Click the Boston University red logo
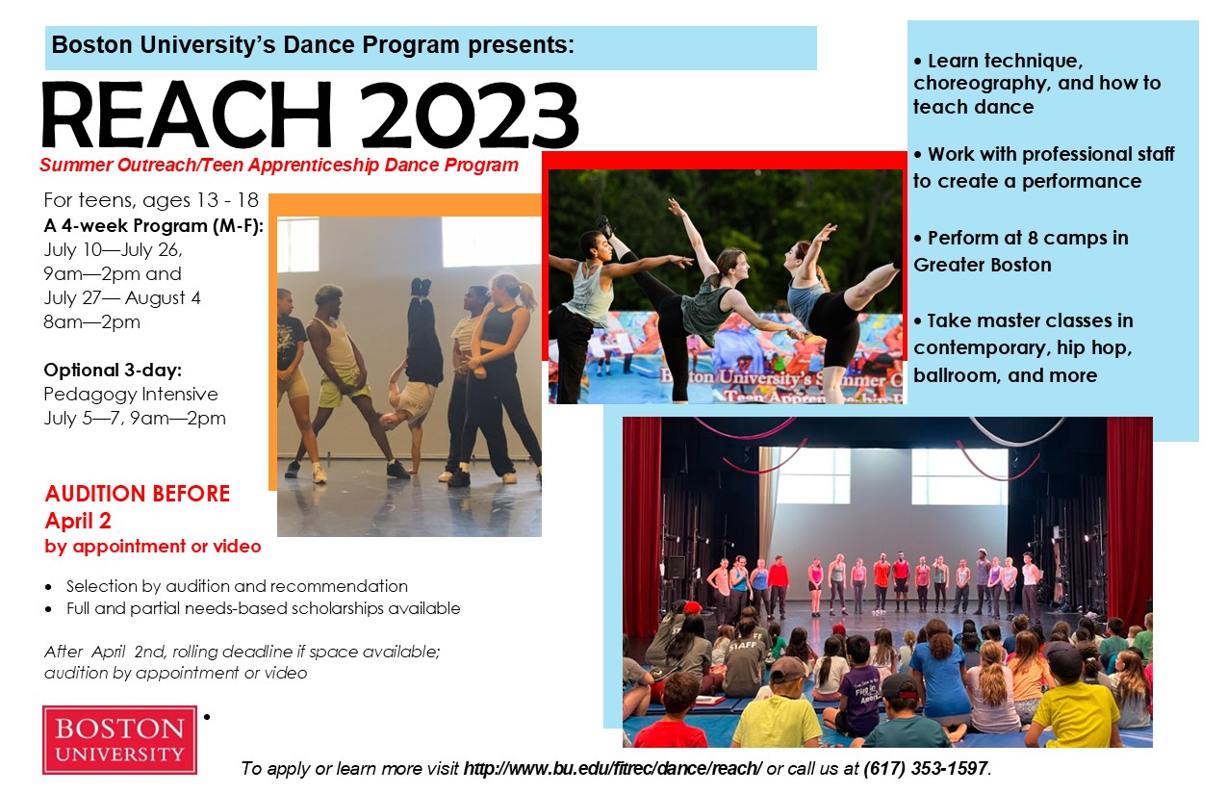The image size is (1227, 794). click(119, 740)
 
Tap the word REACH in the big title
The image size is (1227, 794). click(187, 115)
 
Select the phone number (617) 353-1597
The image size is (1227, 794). click(926, 768)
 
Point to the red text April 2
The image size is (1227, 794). click(78, 521)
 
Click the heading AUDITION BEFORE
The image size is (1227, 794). click(138, 494)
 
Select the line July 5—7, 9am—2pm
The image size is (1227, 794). click(135, 418)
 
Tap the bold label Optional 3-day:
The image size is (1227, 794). click(113, 370)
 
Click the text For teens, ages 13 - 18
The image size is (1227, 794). click(151, 200)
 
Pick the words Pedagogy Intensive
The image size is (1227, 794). click(131, 394)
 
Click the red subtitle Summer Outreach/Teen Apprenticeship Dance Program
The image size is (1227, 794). click(279, 165)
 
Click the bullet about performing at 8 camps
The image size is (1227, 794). click(1021, 251)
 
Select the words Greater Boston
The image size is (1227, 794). click(983, 265)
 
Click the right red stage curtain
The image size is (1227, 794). click(1129, 521)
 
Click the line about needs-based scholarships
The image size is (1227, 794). click(264, 608)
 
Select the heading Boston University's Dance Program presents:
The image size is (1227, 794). click(313, 45)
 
